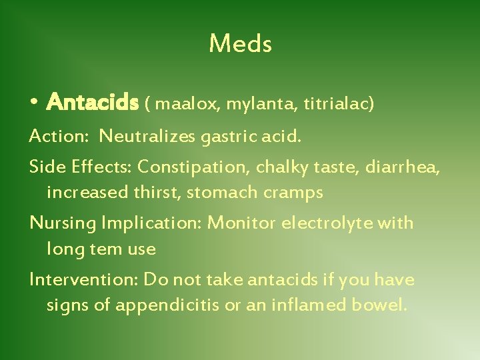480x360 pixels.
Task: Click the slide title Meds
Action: (240, 44)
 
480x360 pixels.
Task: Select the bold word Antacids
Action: (93, 103)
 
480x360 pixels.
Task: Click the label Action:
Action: (59, 137)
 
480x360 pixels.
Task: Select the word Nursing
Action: (63, 223)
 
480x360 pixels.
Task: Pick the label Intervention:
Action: (85, 279)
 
